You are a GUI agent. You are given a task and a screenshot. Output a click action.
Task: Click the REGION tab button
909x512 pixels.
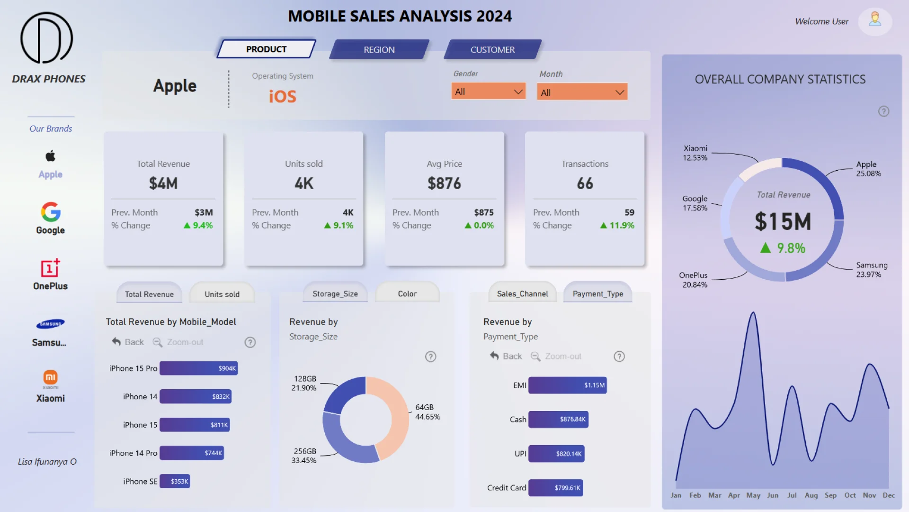coord(379,50)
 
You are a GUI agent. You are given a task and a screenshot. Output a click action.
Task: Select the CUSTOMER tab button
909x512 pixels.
coord(492,50)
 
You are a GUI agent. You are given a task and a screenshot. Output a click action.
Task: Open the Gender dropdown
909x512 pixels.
coord(488,91)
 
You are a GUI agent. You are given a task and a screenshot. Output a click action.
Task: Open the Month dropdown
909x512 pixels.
coord(582,92)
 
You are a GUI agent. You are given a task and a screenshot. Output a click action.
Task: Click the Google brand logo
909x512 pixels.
coord(51,212)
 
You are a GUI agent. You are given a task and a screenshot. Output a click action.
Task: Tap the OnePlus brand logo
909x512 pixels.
coord(51,268)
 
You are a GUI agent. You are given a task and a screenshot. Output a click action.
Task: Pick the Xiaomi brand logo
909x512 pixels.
coord(51,378)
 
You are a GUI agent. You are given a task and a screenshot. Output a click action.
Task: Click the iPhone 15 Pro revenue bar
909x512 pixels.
coord(198,368)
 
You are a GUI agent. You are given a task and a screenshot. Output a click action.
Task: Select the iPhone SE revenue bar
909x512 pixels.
coord(175,481)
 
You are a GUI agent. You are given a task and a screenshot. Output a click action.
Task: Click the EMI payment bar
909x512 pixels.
coord(567,385)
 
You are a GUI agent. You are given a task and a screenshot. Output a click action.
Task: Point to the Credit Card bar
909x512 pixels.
coord(555,488)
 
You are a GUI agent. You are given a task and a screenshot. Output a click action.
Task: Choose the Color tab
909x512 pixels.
coord(407,294)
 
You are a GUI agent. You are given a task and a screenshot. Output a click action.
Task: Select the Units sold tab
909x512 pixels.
coord(222,294)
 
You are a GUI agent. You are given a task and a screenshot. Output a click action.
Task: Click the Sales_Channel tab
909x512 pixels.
coord(522,294)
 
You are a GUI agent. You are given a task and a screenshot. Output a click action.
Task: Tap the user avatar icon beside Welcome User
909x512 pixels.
coord(875,20)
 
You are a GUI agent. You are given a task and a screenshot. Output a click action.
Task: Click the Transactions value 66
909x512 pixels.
coord(585,183)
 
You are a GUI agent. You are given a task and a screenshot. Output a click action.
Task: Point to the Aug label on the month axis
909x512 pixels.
coord(811,495)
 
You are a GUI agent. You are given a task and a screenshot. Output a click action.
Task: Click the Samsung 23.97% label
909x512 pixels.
coord(872,270)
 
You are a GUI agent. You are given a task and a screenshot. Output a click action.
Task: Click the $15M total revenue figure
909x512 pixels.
coord(783,221)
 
